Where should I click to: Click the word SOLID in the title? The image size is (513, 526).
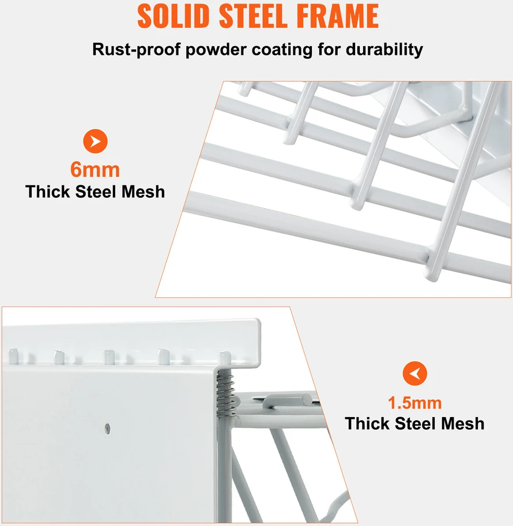coord(173,16)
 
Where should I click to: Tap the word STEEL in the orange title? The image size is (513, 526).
coord(253,16)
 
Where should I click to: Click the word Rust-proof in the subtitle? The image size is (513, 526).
coord(136,50)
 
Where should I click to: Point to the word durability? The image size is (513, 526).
coord(384,50)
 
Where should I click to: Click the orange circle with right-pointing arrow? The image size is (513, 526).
coord(95,141)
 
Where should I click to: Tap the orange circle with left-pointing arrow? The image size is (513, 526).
coord(414,373)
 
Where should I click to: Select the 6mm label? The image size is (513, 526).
coord(95,170)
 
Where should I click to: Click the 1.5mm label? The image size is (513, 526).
coord(414,403)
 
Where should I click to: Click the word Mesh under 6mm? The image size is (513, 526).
coord(143,192)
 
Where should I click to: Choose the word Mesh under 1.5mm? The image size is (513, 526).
coord(463,423)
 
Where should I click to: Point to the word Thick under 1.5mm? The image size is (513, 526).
coord(367,423)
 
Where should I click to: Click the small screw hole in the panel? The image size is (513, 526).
coord(107,428)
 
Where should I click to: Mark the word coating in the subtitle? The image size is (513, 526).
coord(282,50)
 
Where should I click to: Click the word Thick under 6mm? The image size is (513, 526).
coord(48,192)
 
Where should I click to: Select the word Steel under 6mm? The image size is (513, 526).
coord(96,192)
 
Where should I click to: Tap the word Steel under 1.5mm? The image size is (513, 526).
coord(416,423)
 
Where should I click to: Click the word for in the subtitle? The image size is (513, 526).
coord(329,50)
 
